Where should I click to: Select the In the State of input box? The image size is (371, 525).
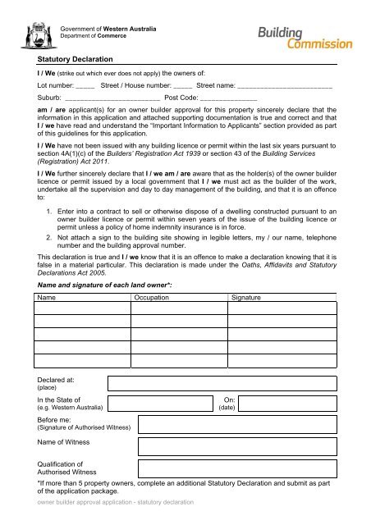159,404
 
